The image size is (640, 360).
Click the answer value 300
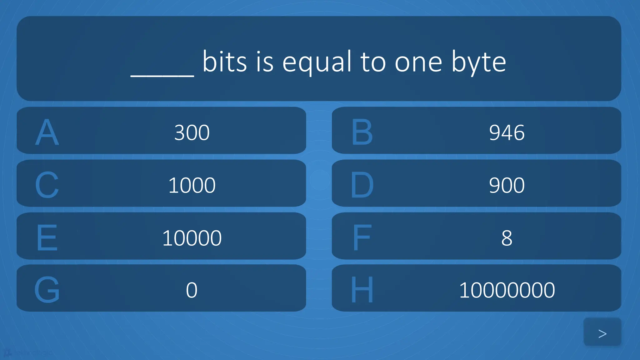192,132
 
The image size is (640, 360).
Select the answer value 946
507,132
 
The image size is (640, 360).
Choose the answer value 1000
192,185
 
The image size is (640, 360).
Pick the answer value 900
507,185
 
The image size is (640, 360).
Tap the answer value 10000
192,238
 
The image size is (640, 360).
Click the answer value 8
507,238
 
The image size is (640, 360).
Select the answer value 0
192,290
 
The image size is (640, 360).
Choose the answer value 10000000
507,290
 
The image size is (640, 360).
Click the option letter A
47,132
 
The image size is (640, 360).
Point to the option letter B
362,132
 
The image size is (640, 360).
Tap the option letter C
47,185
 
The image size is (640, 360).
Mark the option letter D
362,185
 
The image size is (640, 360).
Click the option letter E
47,238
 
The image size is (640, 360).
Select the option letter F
362,238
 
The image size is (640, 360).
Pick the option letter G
47,290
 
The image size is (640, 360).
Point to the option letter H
362,290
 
